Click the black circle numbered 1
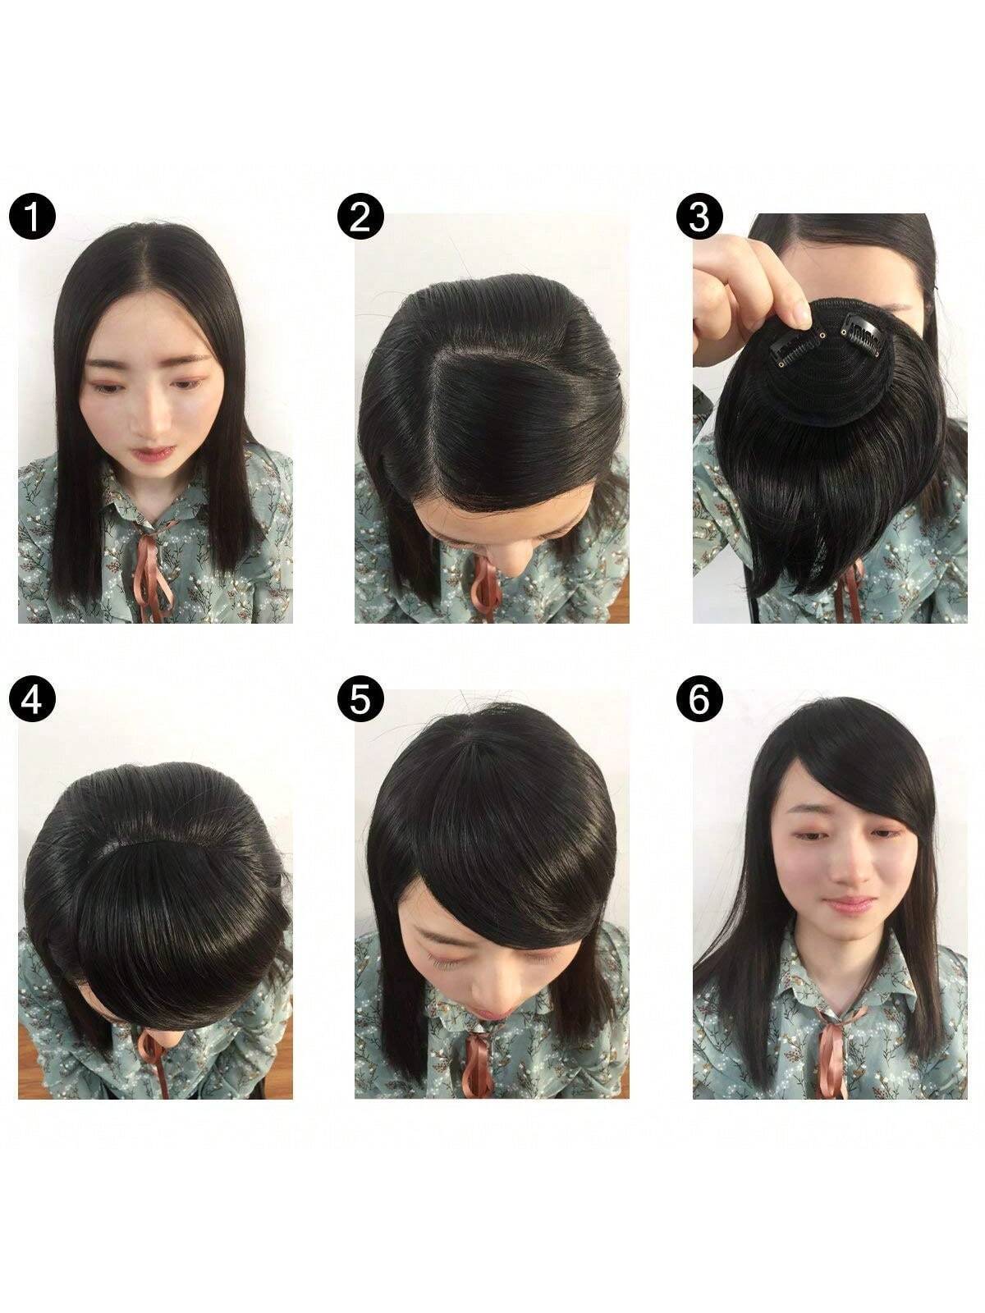pyautogui.click(x=32, y=216)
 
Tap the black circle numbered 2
pyautogui.click(x=360, y=216)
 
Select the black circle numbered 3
pyautogui.click(x=699, y=216)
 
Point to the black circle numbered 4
pyautogui.click(x=32, y=698)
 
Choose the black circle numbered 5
pyautogui.click(x=360, y=698)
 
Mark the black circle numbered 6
pyautogui.click(x=699, y=698)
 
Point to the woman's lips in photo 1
pyautogui.click(x=153, y=453)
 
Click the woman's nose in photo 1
pyautogui.click(x=154, y=418)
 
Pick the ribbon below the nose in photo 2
pyautogui.click(x=484, y=589)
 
